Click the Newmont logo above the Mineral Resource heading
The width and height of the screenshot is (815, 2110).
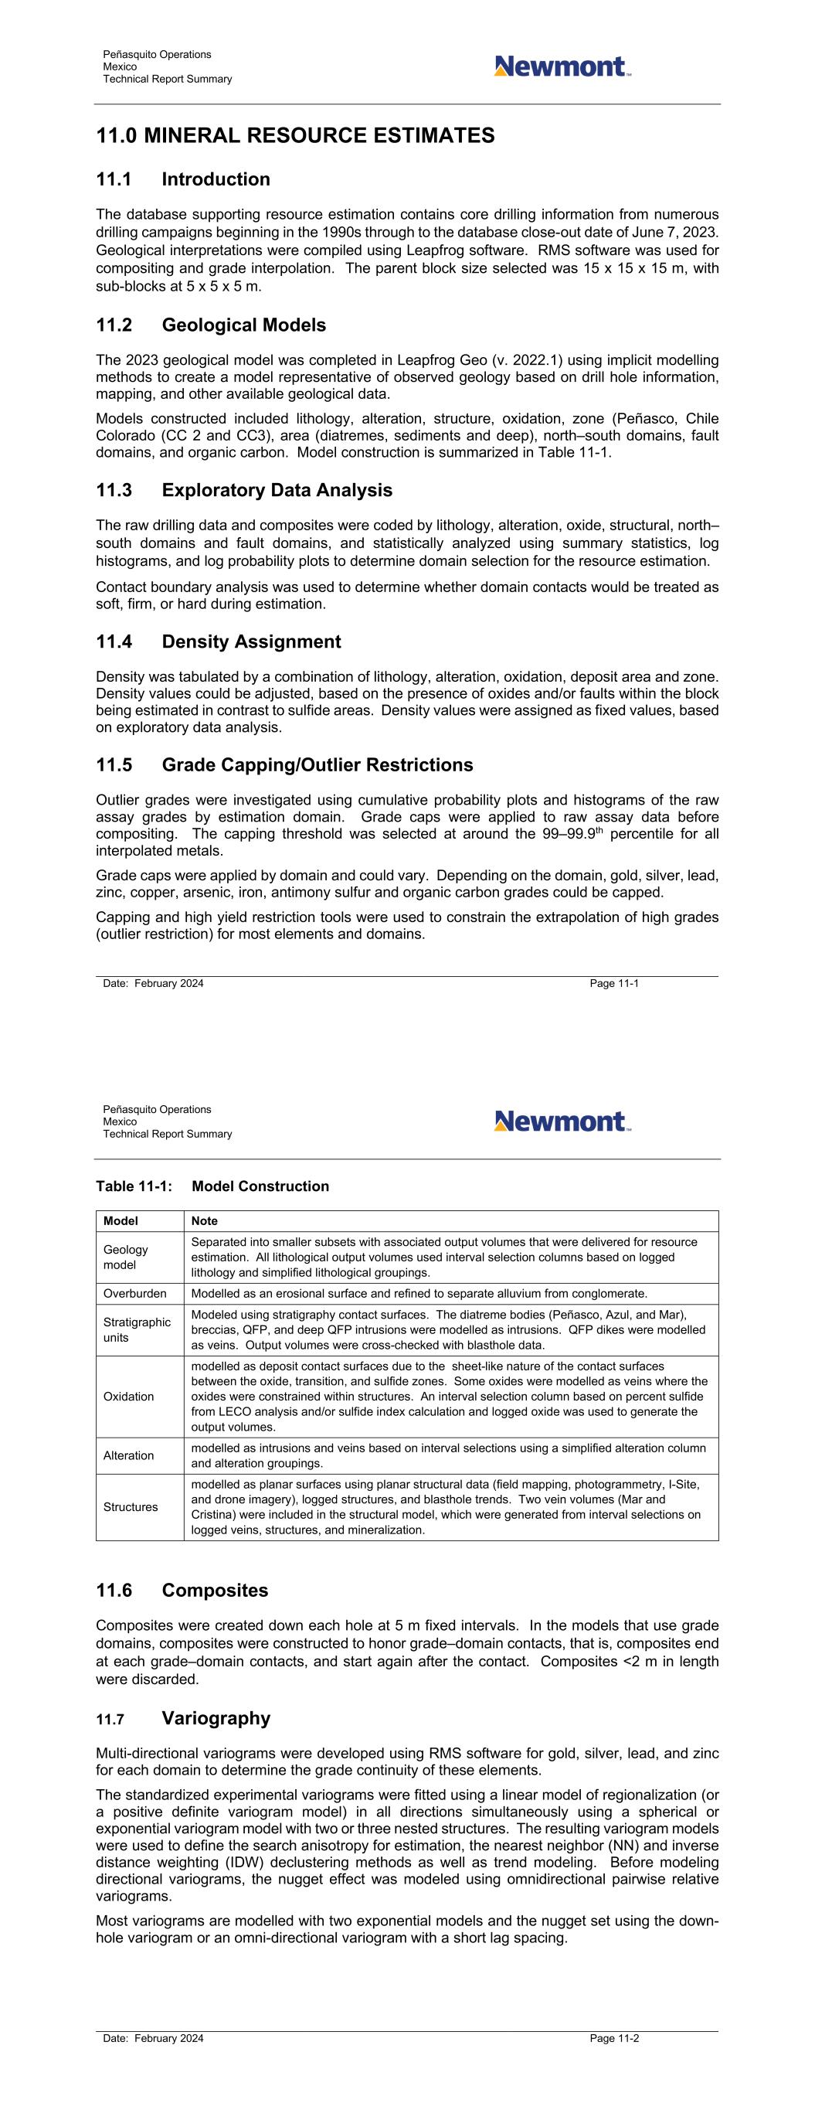click(562, 66)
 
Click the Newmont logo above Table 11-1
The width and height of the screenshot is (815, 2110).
click(562, 1121)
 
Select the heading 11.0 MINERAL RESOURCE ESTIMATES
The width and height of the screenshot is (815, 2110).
click(295, 135)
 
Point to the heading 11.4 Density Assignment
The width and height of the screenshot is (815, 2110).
click(218, 642)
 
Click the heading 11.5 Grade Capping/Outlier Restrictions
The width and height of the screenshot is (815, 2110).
click(284, 765)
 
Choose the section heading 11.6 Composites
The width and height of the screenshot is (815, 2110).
click(182, 1590)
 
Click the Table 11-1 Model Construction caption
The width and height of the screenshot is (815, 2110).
click(212, 1186)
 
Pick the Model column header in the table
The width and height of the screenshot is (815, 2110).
click(121, 1221)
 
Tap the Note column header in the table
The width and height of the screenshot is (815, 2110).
click(204, 1221)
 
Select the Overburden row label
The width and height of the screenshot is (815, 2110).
click(134, 1293)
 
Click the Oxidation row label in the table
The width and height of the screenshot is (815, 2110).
click(128, 1397)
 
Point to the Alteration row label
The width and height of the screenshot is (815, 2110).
click(128, 1455)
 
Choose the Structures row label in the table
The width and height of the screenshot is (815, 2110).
click(131, 1507)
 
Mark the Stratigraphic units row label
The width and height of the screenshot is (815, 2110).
click(137, 1329)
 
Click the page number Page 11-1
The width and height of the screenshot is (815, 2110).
click(613, 983)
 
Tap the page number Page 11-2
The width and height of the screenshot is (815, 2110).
click(613, 2038)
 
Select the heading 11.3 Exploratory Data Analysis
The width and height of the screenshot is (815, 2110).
click(244, 490)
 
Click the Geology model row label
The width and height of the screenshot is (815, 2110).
click(125, 1257)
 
